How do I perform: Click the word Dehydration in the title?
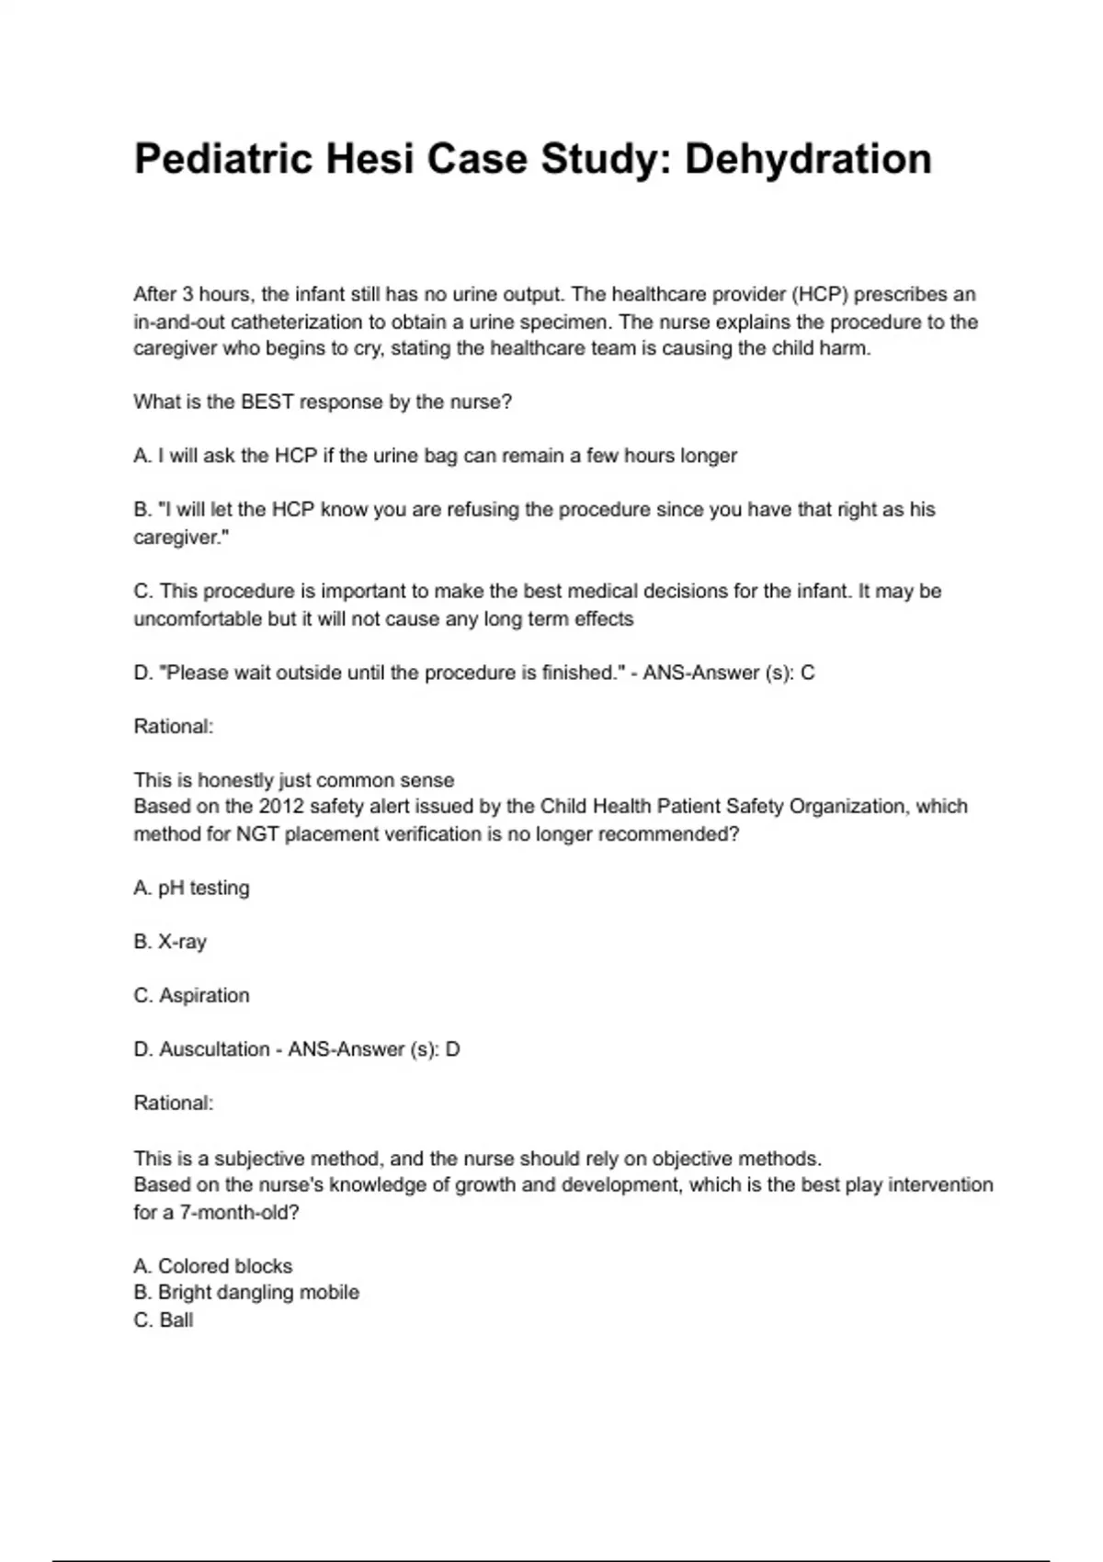point(808,159)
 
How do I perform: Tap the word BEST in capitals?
point(267,402)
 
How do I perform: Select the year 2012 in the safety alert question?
point(281,807)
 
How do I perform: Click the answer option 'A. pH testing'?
point(191,889)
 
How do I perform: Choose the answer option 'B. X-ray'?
point(170,942)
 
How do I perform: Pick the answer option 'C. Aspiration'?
point(191,996)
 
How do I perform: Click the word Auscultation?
point(214,1049)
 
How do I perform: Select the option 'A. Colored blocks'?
point(213,1266)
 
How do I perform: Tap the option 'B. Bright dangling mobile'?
point(246,1293)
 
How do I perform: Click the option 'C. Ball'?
point(164,1320)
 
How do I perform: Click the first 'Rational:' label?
point(174,727)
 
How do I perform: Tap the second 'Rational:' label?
point(174,1104)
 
